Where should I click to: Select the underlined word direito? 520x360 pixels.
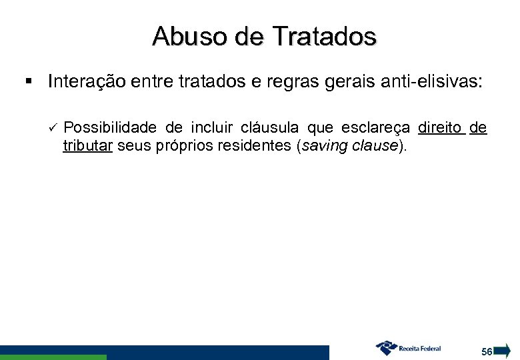pyautogui.click(x=439, y=127)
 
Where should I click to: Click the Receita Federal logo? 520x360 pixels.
pyautogui.click(x=408, y=348)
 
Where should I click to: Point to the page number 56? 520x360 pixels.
pyautogui.click(x=487, y=351)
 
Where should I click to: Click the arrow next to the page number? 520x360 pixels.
pyautogui.click(x=503, y=351)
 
